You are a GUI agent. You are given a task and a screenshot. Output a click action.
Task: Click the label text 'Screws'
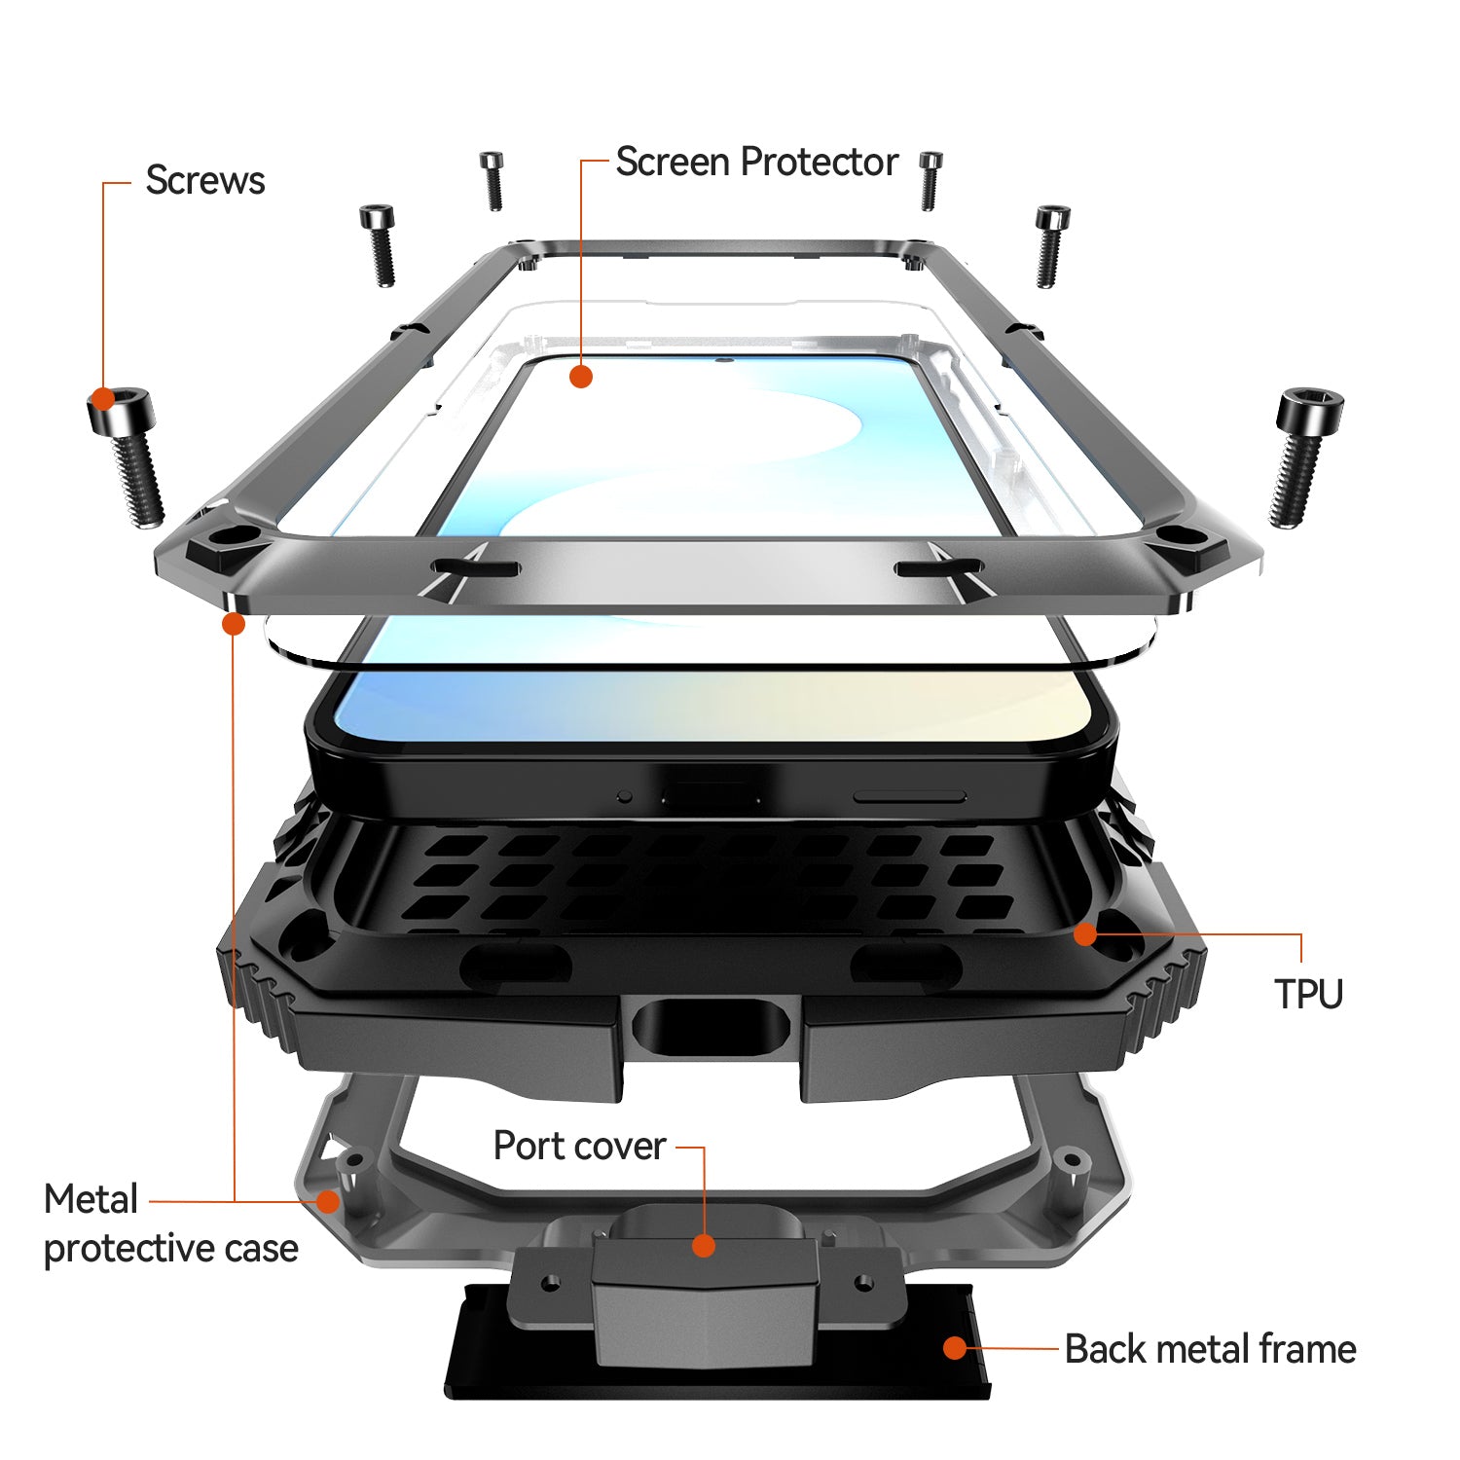(x=204, y=181)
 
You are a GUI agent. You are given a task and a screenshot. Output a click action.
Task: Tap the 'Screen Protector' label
(x=756, y=163)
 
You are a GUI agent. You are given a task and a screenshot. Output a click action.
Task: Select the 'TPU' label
(x=1308, y=994)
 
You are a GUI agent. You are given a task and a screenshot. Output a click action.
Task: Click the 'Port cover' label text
(x=579, y=1146)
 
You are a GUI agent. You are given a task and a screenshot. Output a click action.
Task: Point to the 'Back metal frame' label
(x=1210, y=1349)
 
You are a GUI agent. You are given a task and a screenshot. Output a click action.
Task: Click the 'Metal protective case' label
(x=170, y=1223)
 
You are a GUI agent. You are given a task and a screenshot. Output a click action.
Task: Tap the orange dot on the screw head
(x=101, y=399)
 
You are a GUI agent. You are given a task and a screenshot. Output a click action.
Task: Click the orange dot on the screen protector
(x=581, y=376)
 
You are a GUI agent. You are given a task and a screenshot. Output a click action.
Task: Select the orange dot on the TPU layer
(x=1085, y=934)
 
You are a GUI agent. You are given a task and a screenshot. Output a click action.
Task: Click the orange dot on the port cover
(x=704, y=1246)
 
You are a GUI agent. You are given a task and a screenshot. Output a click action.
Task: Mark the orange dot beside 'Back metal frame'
(x=955, y=1348)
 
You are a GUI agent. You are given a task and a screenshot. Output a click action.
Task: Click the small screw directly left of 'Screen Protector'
(x=493, y=180)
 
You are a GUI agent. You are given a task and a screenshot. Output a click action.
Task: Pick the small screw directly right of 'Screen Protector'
(x=931, y=181)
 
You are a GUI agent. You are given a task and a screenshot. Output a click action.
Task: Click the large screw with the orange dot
(x=127, y=456)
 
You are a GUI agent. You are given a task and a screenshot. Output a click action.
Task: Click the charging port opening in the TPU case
(x=711, y=1026)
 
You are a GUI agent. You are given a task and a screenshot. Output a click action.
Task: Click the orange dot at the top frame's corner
(x=234, y=623)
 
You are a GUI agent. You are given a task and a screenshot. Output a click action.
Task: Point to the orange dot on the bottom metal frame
(x=328, y=1201)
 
